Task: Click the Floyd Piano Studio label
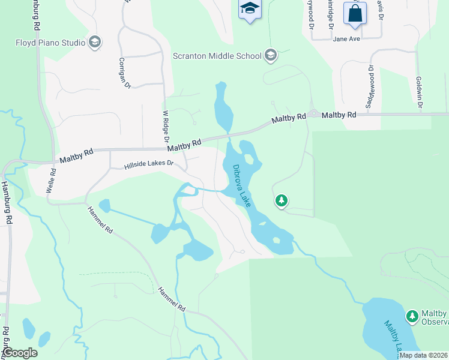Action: tap(50, 43)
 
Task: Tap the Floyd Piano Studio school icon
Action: tap(94, 42)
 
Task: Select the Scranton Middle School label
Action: tap(217, 56)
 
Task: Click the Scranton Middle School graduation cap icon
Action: tap(270, 56)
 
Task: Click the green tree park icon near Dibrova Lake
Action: tap(282, 200)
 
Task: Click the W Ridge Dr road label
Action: tap(166, 125)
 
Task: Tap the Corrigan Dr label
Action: tap(124, 73)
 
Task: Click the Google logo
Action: tap(20, 353)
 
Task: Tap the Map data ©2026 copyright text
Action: tap(423, 355)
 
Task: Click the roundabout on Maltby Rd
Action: tap(313, 114)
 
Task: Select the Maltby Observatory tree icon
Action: tap(412, 316)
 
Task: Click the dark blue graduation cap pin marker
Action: tap(249, 9)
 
